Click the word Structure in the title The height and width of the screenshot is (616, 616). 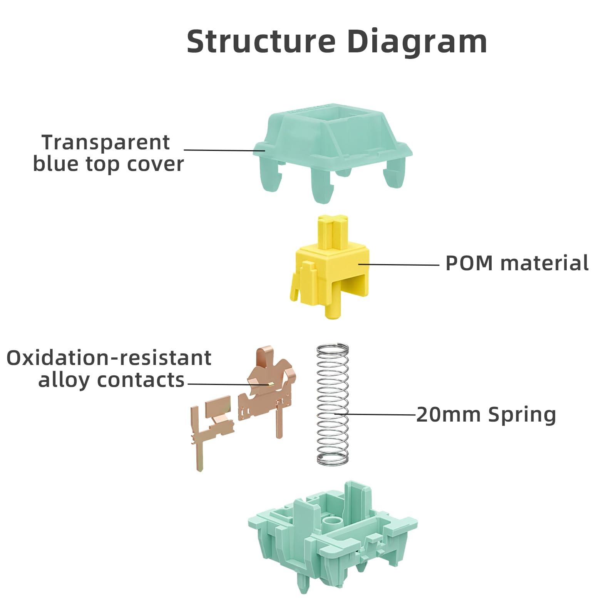261,41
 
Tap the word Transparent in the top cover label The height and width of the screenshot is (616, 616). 105,142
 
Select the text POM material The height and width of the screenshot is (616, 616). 517,263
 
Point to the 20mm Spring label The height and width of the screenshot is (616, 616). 486,415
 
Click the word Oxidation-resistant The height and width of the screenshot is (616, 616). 109,358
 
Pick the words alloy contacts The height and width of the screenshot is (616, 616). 111,380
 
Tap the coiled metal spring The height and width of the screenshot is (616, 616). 333,404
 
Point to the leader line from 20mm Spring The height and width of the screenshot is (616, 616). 375,414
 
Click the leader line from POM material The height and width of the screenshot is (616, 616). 399,264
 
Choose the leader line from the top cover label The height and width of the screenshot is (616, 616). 224,150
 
